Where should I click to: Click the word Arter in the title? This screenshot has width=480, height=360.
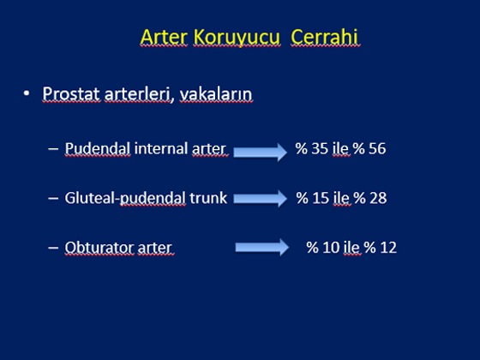(164, 37)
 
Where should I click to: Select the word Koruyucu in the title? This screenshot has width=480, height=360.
(237, 38)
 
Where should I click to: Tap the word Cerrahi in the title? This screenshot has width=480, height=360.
(325, 37)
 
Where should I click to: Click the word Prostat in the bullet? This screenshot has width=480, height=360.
(70, 93)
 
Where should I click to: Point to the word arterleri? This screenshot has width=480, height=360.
(137, 93)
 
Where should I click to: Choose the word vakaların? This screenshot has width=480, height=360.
(216, 93)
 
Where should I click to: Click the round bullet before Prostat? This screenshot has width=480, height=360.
(27, 93)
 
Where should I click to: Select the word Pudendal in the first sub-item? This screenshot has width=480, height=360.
(98, 149)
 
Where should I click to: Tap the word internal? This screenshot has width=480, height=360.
(161, 148)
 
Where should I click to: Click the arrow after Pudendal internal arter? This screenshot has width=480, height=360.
(261, 152)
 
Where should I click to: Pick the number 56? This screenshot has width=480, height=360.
(377, 148)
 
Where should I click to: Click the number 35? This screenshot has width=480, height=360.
(321, 148)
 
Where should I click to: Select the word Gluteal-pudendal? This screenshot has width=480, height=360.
(125, 198)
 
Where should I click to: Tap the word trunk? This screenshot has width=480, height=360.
(208, 198)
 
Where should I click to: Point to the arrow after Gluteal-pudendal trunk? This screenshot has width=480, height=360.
(261, 198)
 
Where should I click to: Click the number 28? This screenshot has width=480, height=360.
(378, 198)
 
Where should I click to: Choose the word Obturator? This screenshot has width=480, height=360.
(99, 248)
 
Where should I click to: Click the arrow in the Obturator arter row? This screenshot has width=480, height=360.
(262, 248)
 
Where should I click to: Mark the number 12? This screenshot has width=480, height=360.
(388, 248)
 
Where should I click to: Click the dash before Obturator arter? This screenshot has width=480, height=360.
(53, 248)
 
